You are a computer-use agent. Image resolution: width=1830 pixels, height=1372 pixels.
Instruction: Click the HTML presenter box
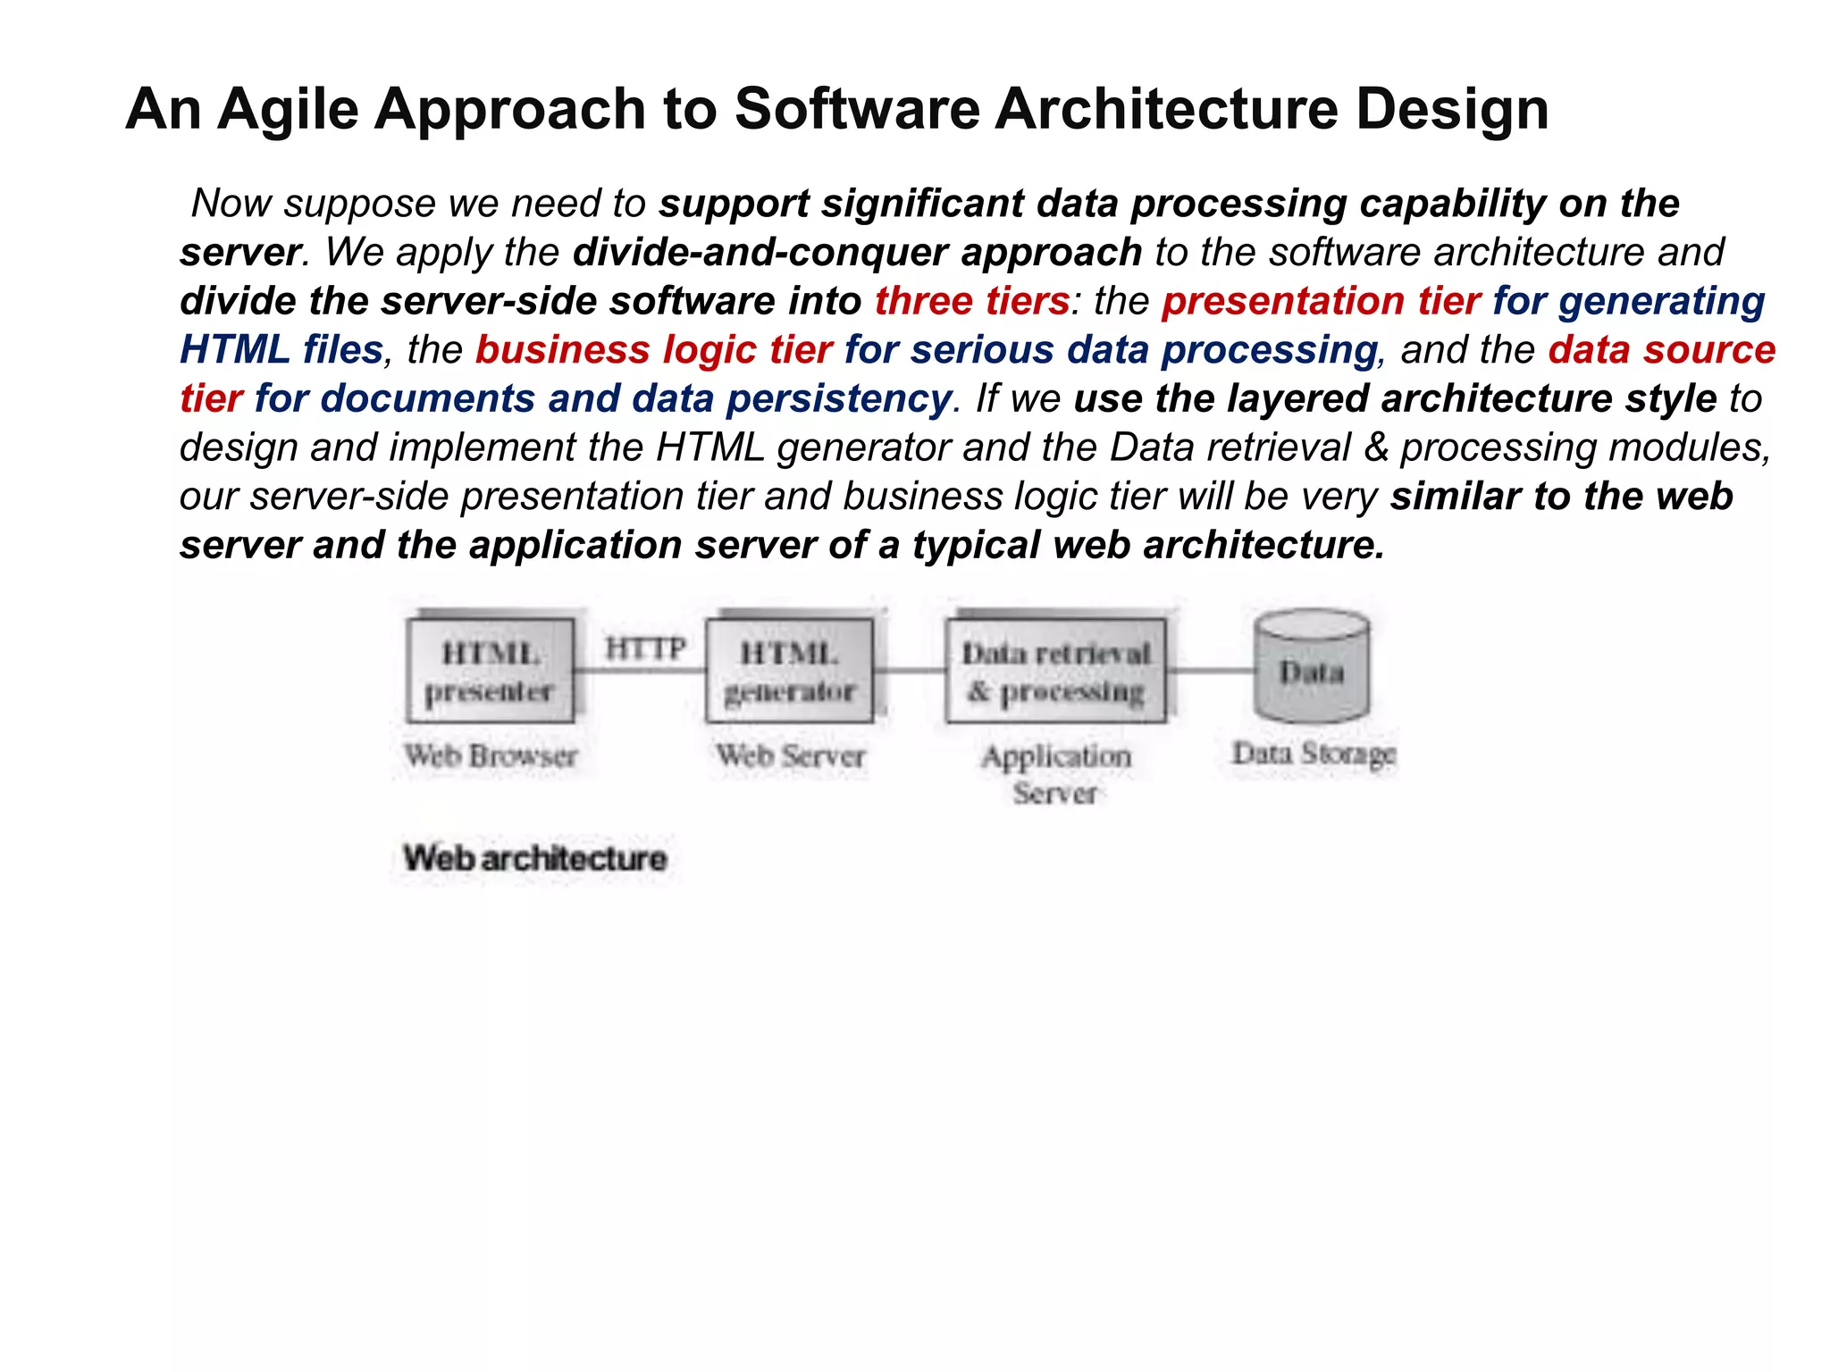[x=490, y=671]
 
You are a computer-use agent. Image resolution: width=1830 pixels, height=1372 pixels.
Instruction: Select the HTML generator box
[x=789, y=671]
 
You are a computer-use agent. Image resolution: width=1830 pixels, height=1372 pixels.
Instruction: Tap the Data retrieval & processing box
[x=1056, y=671]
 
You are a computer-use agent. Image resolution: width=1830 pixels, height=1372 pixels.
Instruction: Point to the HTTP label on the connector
[x=645, y=648]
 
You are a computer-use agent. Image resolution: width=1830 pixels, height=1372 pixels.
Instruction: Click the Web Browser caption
[x=491, y=756]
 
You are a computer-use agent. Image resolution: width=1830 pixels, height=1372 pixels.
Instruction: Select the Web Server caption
[x=790, y=756]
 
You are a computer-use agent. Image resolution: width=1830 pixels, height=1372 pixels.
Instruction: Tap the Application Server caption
[x=1056, y=774]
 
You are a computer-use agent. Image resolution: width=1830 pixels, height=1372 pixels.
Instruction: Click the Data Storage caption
[x=1314, y=754]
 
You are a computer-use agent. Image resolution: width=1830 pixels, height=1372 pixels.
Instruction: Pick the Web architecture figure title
[x=534, y=858]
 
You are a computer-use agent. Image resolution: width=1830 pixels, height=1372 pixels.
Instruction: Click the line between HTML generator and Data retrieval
[x=910, y=670]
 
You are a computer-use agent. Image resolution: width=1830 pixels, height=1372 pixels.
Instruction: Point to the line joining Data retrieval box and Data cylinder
[x=1211, y=670]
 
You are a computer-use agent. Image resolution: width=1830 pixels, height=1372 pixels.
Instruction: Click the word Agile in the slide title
[x=287, y=110]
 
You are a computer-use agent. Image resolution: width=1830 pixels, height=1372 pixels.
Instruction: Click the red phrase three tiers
[x=971, y=301]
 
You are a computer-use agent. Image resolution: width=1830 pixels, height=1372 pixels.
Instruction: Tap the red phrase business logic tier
[x=653, y=349]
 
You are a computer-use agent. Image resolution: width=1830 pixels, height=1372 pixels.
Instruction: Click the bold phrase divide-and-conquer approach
[x=856, y=253]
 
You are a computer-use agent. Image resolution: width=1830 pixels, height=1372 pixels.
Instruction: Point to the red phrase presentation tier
[x=1321, y=301]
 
